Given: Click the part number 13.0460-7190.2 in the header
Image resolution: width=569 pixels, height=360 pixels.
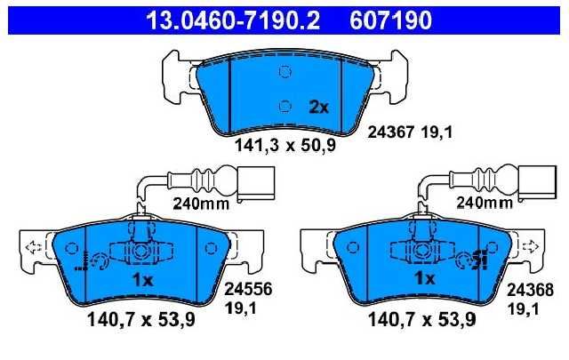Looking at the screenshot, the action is (233, 20).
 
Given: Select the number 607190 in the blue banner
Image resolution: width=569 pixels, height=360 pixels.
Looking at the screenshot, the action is (391, 20).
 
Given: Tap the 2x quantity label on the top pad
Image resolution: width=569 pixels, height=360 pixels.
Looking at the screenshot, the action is (318, 107).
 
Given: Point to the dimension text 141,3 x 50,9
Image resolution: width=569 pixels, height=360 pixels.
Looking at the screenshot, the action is (285, 146).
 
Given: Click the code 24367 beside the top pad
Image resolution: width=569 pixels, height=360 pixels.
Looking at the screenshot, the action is (391, 132).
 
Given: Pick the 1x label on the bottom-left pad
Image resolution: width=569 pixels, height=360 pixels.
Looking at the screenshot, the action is (142, 279).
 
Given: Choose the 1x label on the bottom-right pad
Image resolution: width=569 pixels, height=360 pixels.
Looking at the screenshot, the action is (425, 278).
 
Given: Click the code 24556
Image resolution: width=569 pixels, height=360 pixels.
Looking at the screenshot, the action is (248, 290).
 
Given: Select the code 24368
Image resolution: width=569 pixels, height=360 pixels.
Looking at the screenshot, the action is (530, 290).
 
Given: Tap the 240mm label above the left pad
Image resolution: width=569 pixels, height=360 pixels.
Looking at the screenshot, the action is (201, 204).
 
